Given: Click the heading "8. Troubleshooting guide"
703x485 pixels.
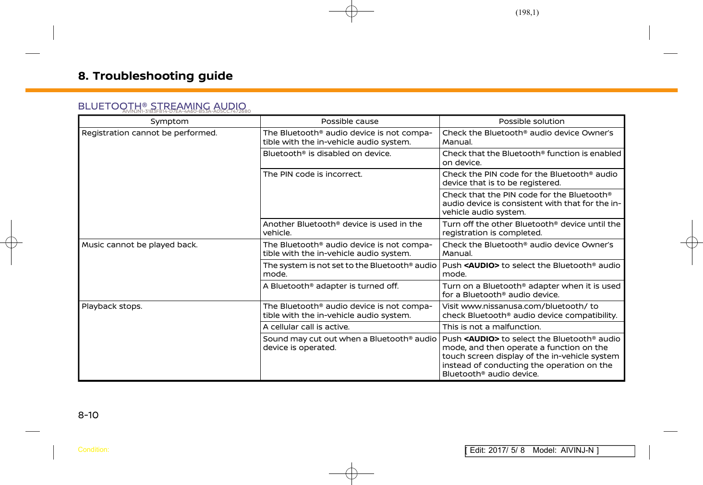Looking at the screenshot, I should tap(155, 76).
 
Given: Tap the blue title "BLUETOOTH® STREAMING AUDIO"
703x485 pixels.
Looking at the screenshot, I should tap(162, 106).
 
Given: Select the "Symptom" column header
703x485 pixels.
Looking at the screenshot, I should tap(170, 121).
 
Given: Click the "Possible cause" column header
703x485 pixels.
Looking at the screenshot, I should tap(350, 121).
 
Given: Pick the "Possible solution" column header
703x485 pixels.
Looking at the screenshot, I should tap(532, 121).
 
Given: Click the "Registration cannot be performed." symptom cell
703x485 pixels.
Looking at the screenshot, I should tap(149, 133).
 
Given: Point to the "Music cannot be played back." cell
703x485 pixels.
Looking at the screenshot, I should tap(140, 245).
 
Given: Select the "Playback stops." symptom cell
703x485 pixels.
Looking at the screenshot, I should tap(112, 306).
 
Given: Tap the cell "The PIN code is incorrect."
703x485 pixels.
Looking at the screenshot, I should tap(313, 174).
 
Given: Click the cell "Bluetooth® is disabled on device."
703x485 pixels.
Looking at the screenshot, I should tap(327, 154).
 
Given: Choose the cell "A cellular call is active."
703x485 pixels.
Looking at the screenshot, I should tap(306, 327).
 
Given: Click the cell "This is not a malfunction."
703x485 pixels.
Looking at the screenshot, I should tap(491, 327).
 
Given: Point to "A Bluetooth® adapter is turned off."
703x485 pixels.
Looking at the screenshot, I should tap(331, 286).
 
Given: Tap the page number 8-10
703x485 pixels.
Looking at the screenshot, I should tap(88, 415).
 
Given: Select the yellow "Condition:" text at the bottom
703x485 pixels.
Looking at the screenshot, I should tap(93, 450).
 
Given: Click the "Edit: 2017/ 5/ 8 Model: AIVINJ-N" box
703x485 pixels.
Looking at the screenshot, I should tap(550, 450).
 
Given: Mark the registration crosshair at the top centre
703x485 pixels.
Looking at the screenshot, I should tap(351, 11).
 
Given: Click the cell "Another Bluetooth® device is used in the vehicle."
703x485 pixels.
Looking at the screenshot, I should tap(342, 229).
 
